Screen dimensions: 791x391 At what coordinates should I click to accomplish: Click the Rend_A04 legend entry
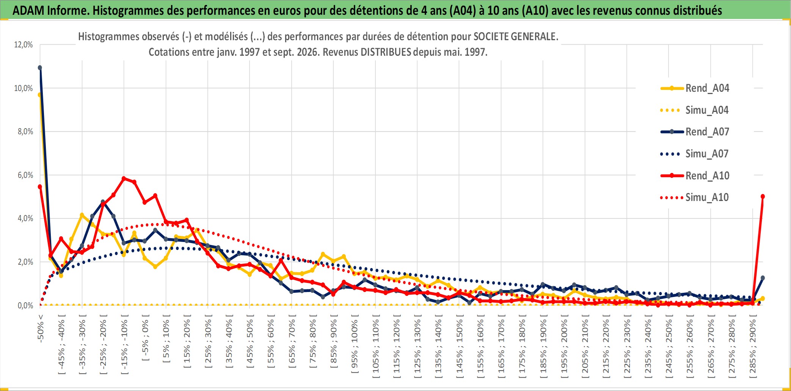695,88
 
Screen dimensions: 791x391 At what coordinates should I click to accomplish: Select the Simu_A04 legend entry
695,110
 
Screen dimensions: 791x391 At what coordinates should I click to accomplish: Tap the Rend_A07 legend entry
695,132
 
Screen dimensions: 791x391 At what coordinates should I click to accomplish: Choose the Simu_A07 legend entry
695,154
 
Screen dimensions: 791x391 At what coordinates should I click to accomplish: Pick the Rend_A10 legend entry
695,176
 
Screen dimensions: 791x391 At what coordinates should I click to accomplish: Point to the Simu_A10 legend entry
695,198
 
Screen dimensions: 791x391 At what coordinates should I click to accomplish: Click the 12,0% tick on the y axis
24,45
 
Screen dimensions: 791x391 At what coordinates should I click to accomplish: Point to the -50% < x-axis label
41,328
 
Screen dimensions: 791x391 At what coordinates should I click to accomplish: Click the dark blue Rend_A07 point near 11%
40,68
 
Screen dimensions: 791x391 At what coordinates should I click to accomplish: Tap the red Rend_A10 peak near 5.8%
124,178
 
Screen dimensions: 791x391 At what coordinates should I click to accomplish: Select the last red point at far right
763,196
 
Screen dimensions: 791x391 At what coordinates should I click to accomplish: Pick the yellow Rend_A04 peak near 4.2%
82,215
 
